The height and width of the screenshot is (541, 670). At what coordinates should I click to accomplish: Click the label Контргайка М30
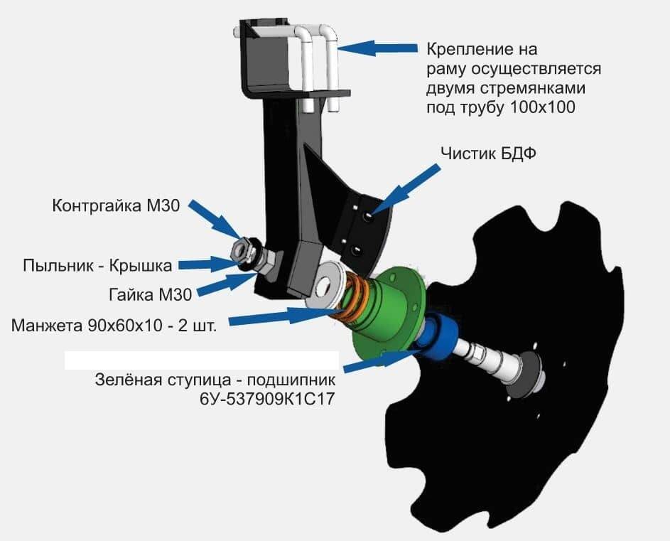[117, 205]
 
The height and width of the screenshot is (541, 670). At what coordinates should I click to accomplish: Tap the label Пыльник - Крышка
[97, 266]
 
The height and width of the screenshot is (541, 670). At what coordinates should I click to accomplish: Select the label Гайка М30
[151, 294]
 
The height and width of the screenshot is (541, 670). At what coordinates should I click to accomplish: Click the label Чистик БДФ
[488, 154]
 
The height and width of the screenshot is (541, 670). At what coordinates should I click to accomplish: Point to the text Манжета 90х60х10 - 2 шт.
[114, 326]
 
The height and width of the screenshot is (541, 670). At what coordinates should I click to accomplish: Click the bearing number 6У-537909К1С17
[267, 400]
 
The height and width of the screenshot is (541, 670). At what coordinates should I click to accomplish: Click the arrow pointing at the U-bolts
[377, 48]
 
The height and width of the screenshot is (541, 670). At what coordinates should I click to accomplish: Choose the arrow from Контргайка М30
[217, 219]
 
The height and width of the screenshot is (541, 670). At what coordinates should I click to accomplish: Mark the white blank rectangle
[202, 360]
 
